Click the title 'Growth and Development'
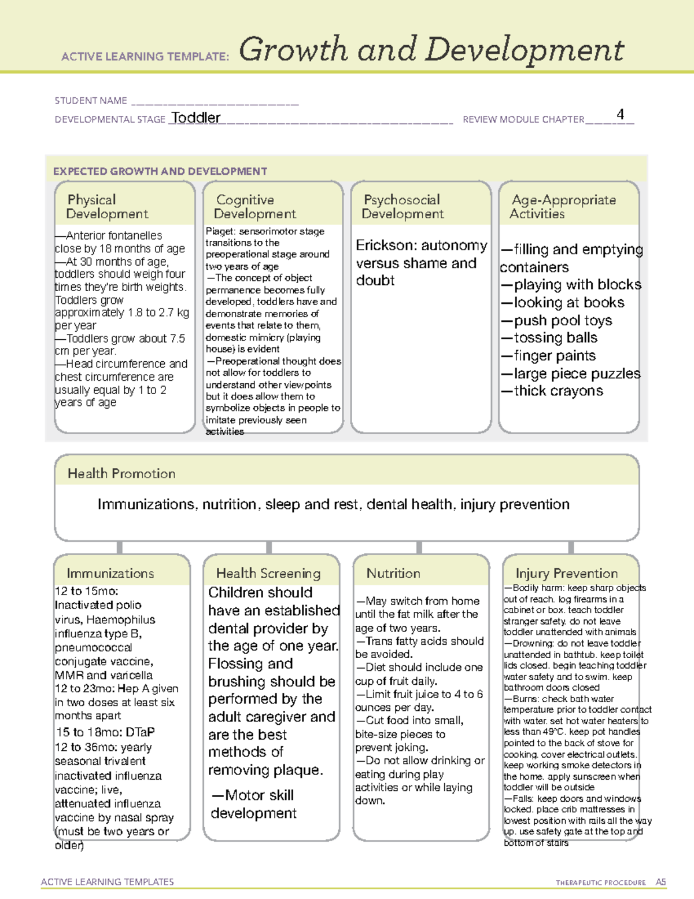tap(431, 50)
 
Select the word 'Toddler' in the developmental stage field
tap(196, 118)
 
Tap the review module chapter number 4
tap(620, 114)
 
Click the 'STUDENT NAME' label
tap(91, 101)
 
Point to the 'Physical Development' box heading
tap(107, 207)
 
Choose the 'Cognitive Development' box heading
tap(255, 207)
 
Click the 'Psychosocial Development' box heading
tap(403, 207)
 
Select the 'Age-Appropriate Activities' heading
tap(563, 207)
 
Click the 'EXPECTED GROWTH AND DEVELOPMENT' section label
tap(160, 171)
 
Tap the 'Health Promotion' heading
tap(121, 474)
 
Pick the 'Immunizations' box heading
tap(110, 573)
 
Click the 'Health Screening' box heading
tap(268, 573)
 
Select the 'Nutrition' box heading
tap(393, 573)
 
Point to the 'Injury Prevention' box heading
tap(566, 573)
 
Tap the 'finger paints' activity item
tap(554, 355)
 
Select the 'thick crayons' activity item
tap(558, 391)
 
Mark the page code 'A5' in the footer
tap(660, 882)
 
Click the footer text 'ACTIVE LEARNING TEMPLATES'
tap(108, 882)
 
